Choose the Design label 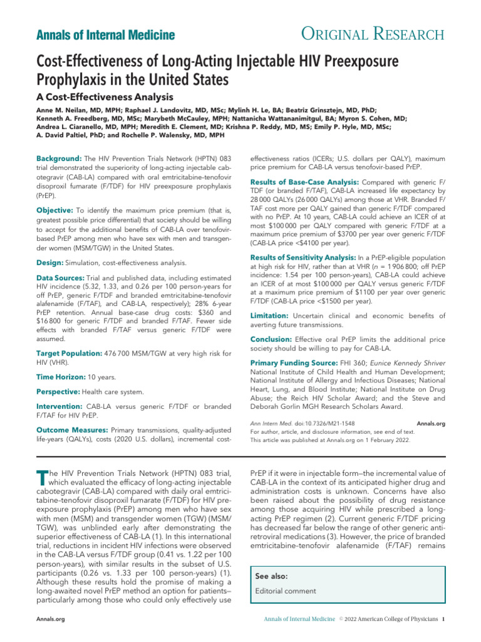(50, 261)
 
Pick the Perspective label (60, 392)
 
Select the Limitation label (272, 315)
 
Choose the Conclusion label (274, 339)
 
